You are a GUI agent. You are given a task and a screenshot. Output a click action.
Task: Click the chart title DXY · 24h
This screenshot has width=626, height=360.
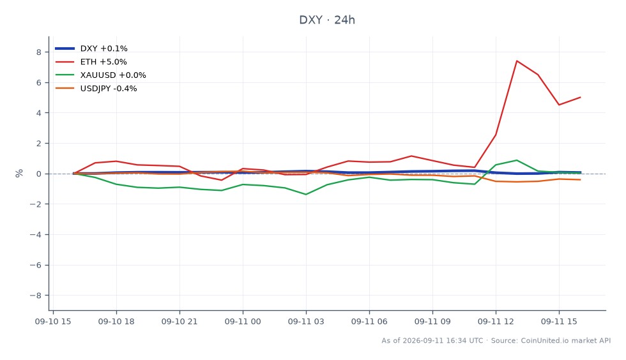click(x=327, y=20)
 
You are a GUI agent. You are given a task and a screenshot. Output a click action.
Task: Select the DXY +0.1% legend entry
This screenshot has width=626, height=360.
click(x=91, y=49)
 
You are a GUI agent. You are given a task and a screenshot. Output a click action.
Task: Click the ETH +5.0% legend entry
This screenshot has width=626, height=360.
click(x=91, y=62)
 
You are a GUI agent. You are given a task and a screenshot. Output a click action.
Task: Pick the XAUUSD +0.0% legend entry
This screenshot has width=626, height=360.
click(x=101, y=75)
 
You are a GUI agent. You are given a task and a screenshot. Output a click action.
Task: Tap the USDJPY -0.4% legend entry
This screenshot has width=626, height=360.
click(x=96, y=89)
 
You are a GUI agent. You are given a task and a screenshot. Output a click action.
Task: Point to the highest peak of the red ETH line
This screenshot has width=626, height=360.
click(x=517, y=61)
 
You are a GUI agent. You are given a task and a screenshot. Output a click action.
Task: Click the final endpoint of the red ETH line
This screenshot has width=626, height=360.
click(x=580, y=98)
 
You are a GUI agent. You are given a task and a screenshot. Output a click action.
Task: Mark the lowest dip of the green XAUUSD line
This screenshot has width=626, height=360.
click(x=306, y=195)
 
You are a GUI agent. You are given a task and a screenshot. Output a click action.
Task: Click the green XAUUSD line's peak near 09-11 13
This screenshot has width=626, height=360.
click(x=517, y=160)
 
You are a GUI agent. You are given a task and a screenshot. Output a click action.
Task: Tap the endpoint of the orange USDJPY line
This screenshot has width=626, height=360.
click(x=580, y=179)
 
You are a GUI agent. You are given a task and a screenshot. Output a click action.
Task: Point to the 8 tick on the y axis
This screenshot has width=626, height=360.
click(x=39, y=52)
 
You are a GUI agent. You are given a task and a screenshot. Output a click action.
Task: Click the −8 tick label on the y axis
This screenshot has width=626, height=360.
click(x=36, y=296)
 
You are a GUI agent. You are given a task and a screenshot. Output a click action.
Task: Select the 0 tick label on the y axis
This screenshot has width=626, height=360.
click(x=39, y=174)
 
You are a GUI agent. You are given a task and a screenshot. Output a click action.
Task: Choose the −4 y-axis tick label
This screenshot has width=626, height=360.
click(x=36, y=235)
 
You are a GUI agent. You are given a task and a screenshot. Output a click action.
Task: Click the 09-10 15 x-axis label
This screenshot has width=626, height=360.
click(x=53, y=322)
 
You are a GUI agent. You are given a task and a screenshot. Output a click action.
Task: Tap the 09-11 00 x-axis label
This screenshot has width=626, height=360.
click(x=243, y=322)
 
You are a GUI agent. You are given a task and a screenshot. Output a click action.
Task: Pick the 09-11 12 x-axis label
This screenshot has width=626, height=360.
click(x=496, y=322)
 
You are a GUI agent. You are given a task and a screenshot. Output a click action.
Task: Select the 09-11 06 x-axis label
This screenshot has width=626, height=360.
click(x=369, y=322)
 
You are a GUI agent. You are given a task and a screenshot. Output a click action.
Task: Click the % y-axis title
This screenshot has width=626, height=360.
click(x=19, y=173)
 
